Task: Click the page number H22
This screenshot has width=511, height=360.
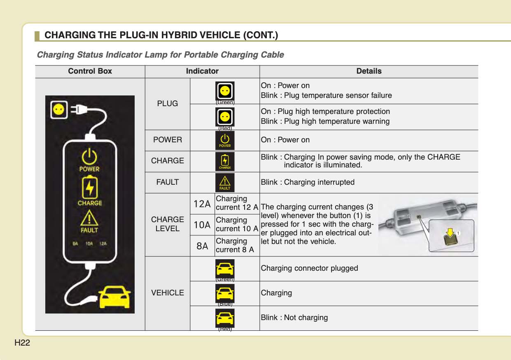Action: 22,343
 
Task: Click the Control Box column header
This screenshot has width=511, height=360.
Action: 90,71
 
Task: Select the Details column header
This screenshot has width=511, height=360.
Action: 369,71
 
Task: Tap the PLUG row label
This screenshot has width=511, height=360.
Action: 168,104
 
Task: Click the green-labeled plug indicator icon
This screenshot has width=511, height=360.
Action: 225,91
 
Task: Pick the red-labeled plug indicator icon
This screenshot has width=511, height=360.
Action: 225,117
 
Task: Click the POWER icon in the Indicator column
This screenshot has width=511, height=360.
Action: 225,140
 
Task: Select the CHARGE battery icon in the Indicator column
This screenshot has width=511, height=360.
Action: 225,161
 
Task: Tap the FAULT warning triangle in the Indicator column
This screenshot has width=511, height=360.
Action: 225,182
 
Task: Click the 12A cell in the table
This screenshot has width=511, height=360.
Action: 202,204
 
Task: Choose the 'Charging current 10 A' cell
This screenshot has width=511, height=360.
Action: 237,225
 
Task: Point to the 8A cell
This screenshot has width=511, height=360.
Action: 202,246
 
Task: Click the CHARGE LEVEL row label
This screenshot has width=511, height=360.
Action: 168,224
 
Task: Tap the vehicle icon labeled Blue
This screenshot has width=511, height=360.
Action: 225,293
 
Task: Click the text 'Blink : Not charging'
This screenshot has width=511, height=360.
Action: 294,318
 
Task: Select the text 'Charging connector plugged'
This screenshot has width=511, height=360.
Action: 309,268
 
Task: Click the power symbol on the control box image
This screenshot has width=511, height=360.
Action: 89,157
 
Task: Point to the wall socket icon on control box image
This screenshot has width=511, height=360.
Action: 58,109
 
